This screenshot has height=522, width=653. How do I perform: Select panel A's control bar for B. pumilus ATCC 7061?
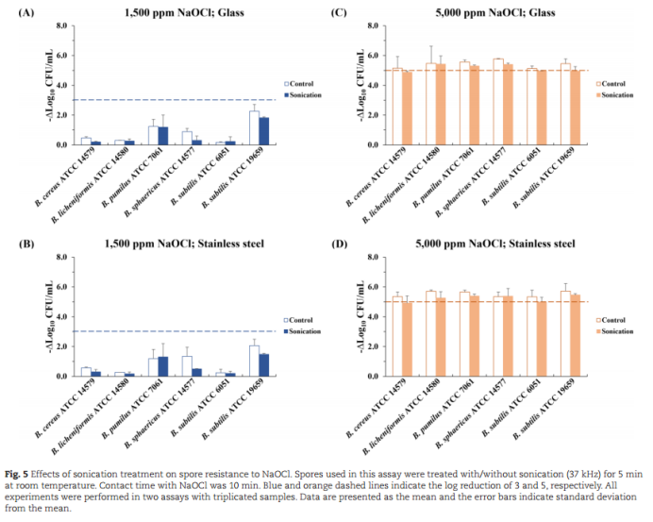coord(153,135)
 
